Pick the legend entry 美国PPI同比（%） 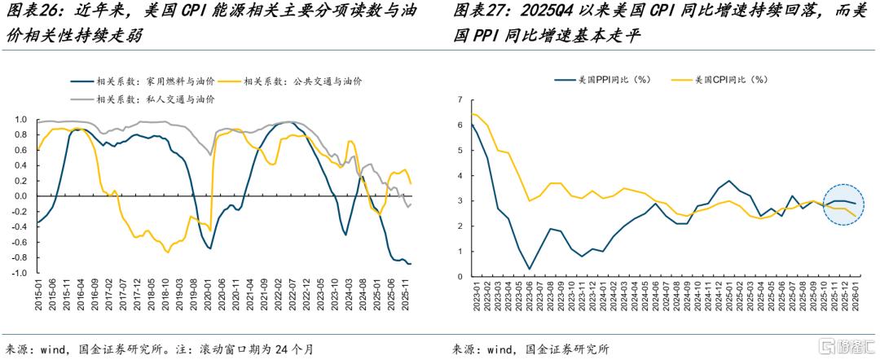603,80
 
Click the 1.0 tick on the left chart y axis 20,120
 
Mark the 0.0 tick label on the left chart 20,196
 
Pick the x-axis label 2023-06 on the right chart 530,295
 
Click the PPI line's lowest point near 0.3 530,269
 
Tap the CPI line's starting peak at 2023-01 473,114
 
